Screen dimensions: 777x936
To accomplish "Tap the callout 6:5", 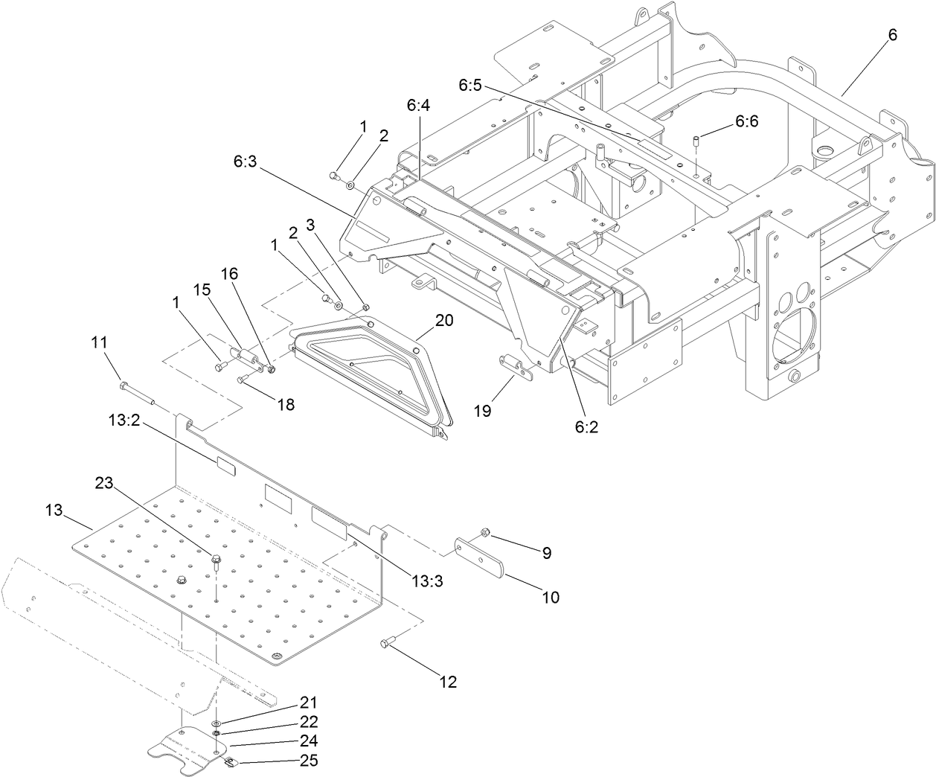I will click(x=471, y=86).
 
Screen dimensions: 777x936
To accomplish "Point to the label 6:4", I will click(x=418, y=106).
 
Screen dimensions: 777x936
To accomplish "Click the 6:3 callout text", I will click(x=245, y=160).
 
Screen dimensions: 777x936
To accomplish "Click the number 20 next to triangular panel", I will click(x=444, y=320).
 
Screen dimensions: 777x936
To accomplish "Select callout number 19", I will click(x=483, y=410).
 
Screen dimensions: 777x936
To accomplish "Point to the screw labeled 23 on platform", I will click(x=217, y=559).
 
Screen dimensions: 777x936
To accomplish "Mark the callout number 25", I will click(x=309, y=761).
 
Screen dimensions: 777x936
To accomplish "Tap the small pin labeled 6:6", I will click(x=696, y=141).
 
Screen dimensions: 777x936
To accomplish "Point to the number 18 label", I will click(x=286, y=404).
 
